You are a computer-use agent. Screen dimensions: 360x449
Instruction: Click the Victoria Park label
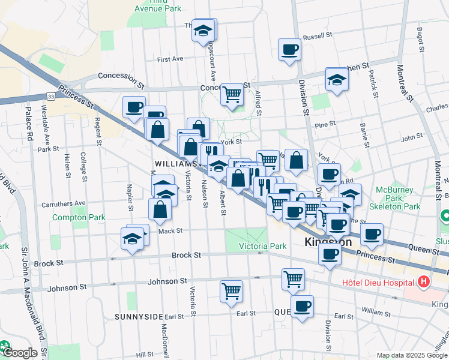(263, 246)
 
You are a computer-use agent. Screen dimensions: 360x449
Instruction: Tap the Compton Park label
(79, 217)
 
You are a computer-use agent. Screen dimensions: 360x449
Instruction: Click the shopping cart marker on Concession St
(232, 94)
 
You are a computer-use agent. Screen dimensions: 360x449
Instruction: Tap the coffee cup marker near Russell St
(289, 49)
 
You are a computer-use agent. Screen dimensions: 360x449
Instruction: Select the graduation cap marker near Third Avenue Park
(204, 29)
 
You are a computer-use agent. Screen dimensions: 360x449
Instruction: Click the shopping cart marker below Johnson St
(231, 291)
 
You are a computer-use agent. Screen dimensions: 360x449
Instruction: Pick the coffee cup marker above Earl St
(302, 306)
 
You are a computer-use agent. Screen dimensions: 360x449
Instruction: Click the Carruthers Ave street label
(64, 204)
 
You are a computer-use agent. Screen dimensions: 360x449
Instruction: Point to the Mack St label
(170, 230)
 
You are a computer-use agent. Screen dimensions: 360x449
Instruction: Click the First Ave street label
(170, 59)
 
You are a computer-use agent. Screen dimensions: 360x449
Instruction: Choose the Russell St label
(314, 37)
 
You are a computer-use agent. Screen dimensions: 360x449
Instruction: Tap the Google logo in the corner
(20, 353)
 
